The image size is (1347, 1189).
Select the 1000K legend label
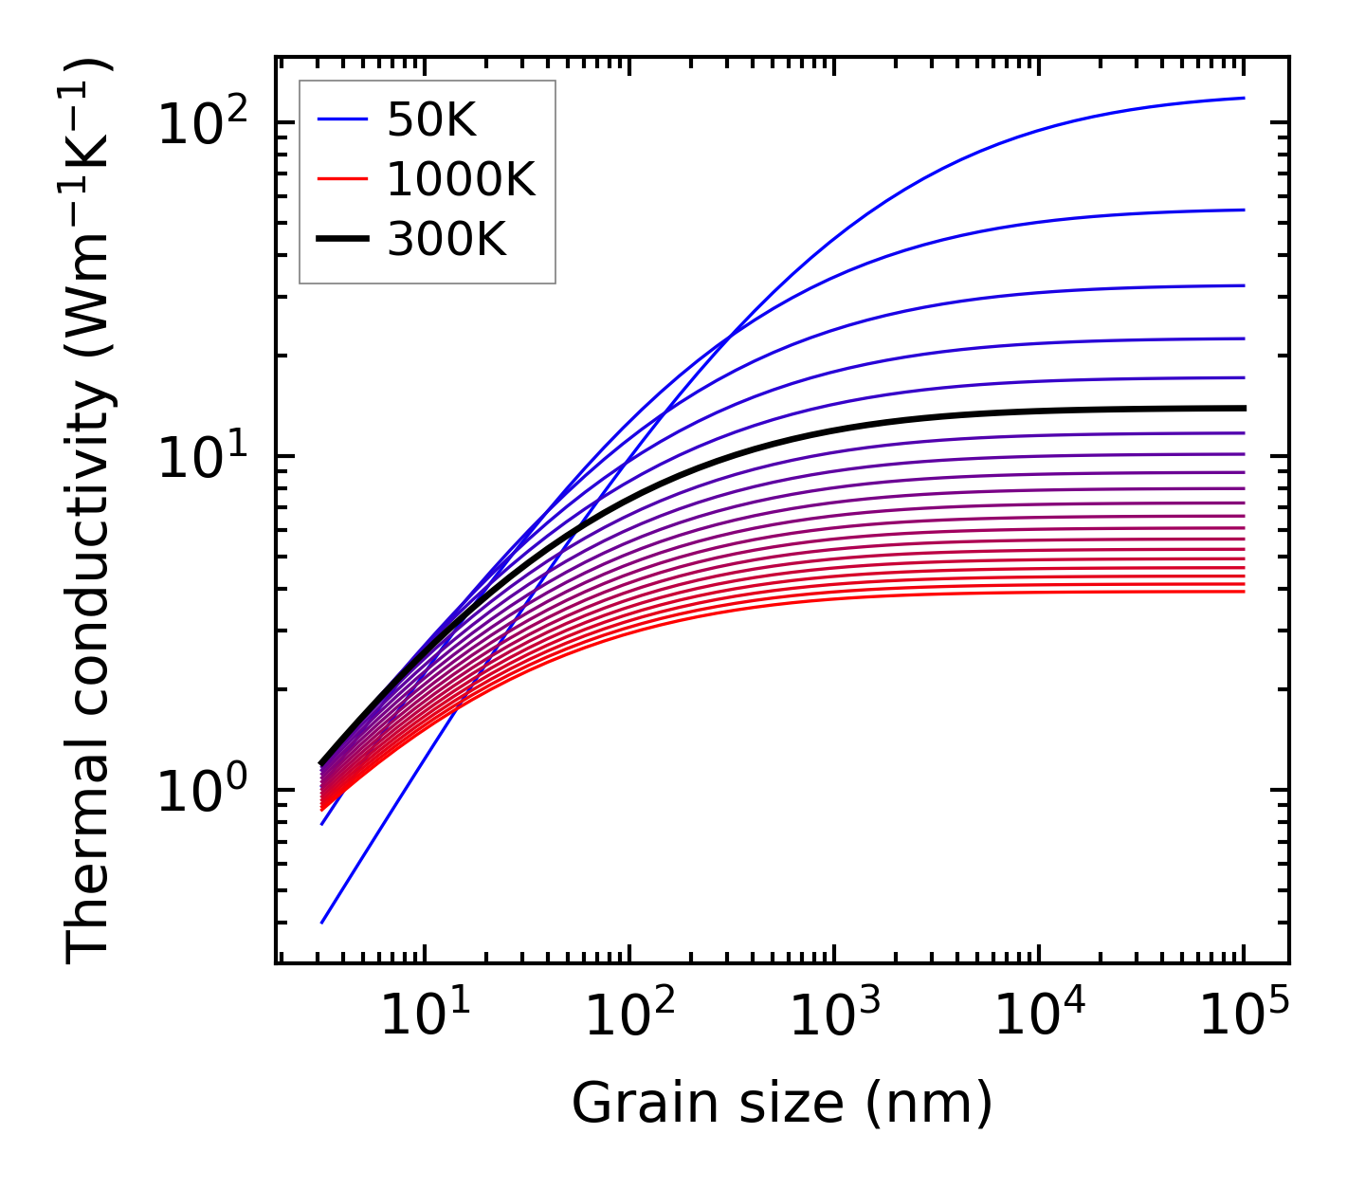(461, 179)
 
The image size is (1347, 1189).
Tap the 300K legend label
(446, 240)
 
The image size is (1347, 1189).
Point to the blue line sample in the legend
(341, 119)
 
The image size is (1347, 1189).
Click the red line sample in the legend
(341, 179)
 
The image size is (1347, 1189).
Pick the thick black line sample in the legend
(341, 240)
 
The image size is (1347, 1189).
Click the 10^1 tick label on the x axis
(424, 1015)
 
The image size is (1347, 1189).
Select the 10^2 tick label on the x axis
(629, 1015)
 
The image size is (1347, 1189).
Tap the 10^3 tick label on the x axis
(834, 1015)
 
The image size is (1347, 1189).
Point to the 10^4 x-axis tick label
(1039, 1015)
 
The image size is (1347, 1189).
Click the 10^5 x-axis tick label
(1244, 1015)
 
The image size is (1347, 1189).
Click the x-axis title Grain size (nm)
(782, 1103)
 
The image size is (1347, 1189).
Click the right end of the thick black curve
(1243, 409)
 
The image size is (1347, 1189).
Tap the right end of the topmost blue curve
(1243, 98)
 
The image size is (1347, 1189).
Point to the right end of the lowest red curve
(1243, 592)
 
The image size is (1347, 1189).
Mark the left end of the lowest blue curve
(322, 923)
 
